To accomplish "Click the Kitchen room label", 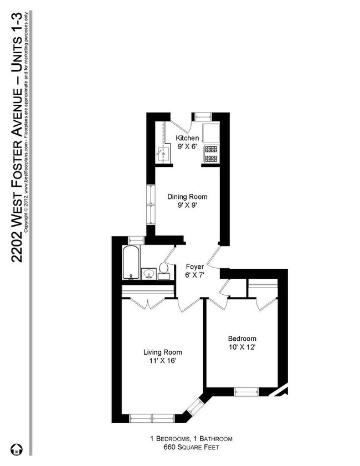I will pos(187,138).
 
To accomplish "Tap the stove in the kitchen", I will pos(212,154).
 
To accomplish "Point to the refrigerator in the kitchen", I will pos(212,132).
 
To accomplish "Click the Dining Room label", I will pos(187,197).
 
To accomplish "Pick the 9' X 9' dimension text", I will pos(187,206).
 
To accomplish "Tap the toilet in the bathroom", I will pos(164,269).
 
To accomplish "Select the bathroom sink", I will pos(148,273).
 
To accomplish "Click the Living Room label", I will pos(162,352).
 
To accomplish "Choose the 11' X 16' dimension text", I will pos(162,361).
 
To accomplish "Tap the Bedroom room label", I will pos(242,339).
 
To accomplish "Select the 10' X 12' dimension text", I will pos(242,347).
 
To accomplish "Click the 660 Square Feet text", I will pos(191,447).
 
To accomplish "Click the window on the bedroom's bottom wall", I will pos(245,392).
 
